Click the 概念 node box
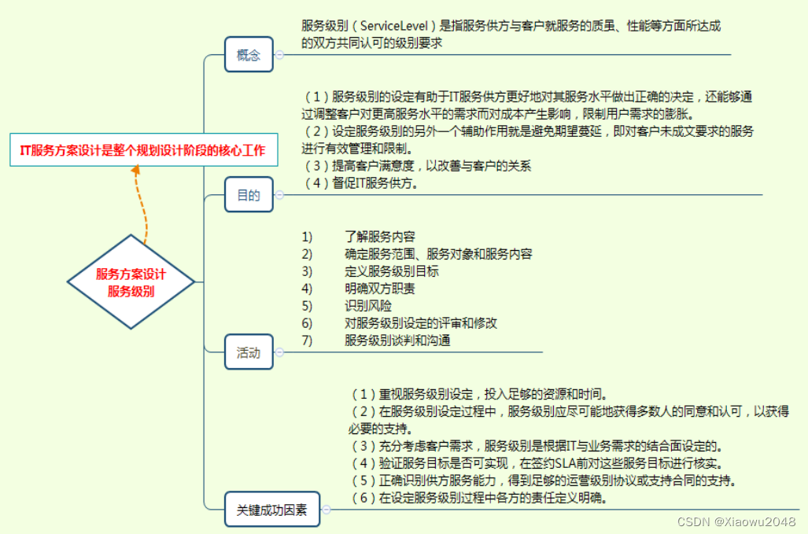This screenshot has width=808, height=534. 249,55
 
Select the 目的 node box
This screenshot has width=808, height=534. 249,195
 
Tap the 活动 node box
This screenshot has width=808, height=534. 249,352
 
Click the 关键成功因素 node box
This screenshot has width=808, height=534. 271,510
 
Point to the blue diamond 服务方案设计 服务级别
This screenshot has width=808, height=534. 131,282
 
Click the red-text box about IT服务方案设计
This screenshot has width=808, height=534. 144,150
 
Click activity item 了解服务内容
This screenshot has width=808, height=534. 380,236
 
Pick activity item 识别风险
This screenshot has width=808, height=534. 368,306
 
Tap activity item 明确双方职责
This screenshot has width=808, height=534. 380,289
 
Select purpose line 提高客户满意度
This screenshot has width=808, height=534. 418,166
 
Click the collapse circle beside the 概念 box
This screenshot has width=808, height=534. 279,55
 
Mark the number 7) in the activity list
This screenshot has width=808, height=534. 307,341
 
